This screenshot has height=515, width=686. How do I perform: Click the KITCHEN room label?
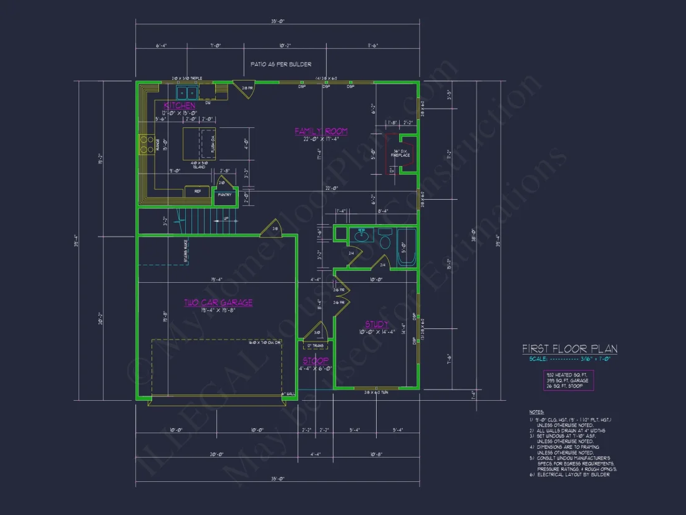coord(180,105)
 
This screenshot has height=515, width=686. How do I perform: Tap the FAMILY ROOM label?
coord(321,131)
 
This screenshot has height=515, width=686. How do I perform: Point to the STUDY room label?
coord(377,325)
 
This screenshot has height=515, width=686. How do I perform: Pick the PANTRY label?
coord(224,195)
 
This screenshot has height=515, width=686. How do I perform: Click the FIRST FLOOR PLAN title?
coord(569,349)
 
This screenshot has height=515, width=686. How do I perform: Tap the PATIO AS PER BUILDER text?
coord(281,64)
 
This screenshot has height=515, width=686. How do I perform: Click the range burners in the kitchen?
coord(148,145)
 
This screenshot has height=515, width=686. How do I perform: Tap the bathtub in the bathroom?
coord(407,247)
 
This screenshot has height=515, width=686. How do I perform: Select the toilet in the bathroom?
coord(385,242)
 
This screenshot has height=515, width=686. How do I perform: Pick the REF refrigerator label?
coord(197,191)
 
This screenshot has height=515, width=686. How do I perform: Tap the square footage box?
coord(568,380)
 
